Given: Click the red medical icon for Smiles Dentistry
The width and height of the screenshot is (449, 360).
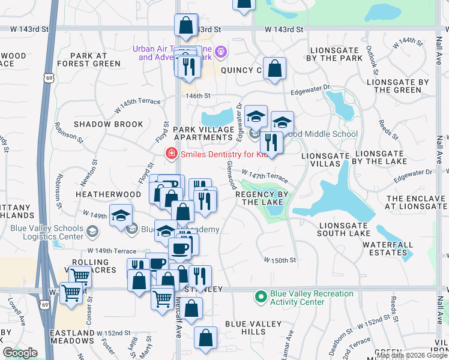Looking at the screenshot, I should (171, 154).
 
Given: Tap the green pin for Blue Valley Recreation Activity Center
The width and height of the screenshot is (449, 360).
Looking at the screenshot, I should (261, 296).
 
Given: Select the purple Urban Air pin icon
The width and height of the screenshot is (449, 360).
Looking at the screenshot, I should (220, 53).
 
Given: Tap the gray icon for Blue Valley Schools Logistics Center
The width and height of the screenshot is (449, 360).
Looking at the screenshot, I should (92, 231).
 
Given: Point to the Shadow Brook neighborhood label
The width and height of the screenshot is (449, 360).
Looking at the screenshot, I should (109, 124).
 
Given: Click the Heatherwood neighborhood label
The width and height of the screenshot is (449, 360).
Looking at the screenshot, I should (100, 195).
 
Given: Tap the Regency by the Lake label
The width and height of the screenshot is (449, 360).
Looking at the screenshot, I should (262, 199).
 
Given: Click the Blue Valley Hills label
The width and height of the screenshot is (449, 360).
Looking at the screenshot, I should (253, 328).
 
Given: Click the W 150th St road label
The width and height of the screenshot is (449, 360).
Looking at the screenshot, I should (281, 260).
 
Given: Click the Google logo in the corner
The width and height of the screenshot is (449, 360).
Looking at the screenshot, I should (20, 353).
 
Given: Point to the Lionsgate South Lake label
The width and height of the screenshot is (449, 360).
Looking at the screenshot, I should (345, 229).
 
